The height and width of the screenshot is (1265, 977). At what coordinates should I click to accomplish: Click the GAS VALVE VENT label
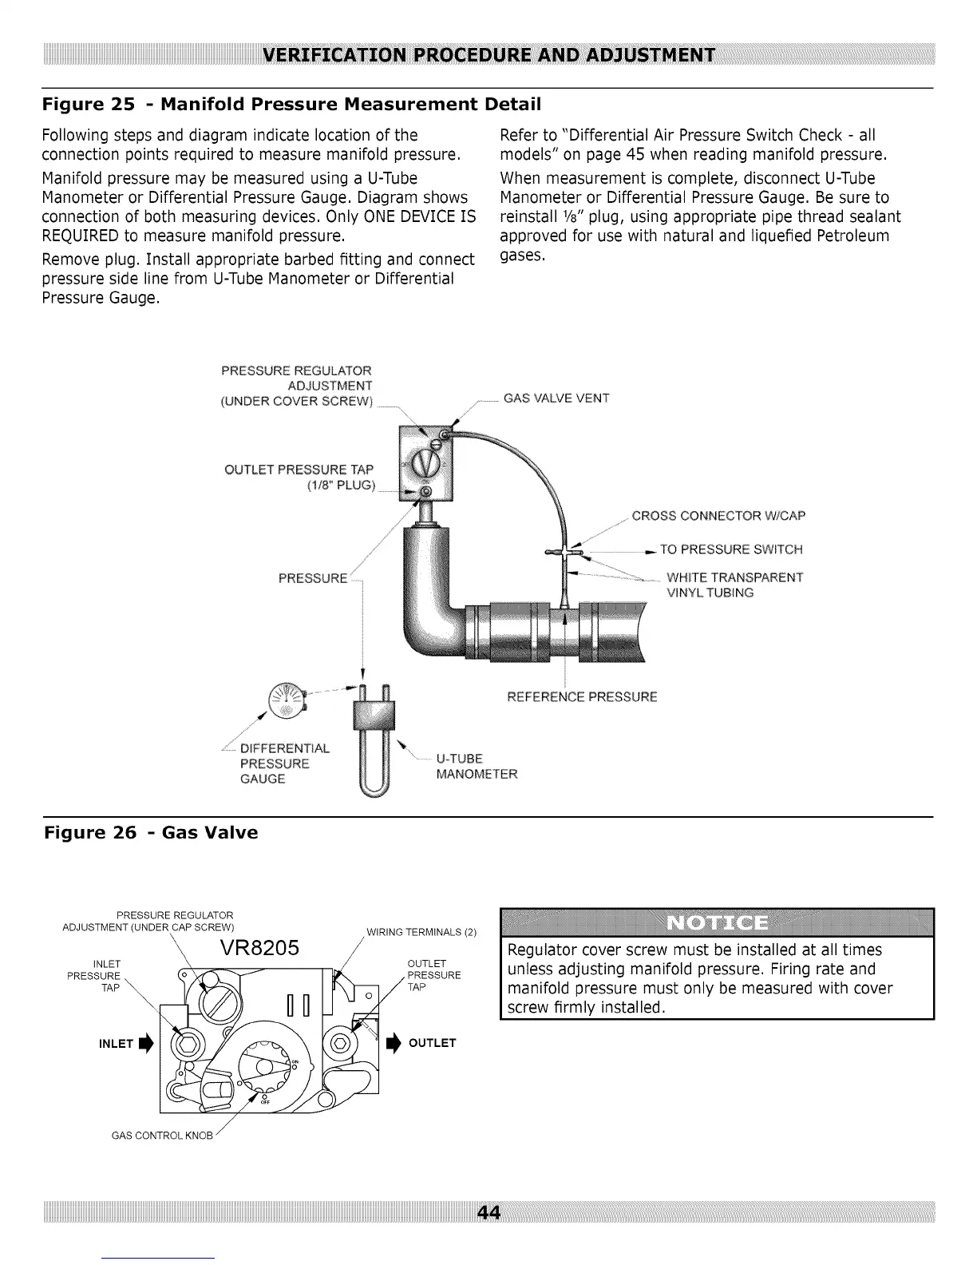coord(556,399)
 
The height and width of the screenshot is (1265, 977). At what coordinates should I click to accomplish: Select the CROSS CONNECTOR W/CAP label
coord(718,515)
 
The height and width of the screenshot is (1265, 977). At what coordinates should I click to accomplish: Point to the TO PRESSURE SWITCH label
coord(731,549)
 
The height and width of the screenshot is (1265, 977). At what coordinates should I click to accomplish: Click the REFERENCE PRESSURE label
coord(582,696)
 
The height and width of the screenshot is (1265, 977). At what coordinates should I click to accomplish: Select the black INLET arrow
coord(145,1043)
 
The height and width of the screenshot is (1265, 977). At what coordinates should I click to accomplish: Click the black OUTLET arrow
coord(393,1043)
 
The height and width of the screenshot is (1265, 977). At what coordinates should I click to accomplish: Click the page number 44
coord(488,1213)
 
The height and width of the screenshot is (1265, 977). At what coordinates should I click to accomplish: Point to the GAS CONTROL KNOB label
coord(162,1136)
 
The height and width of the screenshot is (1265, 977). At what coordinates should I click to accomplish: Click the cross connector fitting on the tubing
coord(564,552)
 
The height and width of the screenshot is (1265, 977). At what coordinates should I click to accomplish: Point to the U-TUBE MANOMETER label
coord(477,766)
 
